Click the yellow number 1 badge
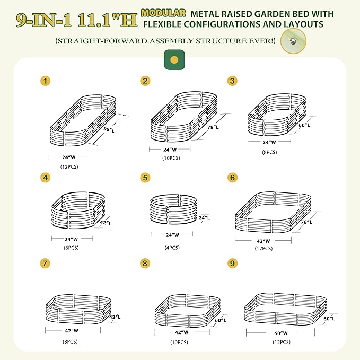47,81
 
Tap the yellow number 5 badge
146,178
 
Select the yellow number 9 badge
232,263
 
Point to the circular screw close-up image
291,41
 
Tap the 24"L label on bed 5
204,218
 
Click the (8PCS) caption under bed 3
270,152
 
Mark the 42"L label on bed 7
115,317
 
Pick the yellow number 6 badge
232,178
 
